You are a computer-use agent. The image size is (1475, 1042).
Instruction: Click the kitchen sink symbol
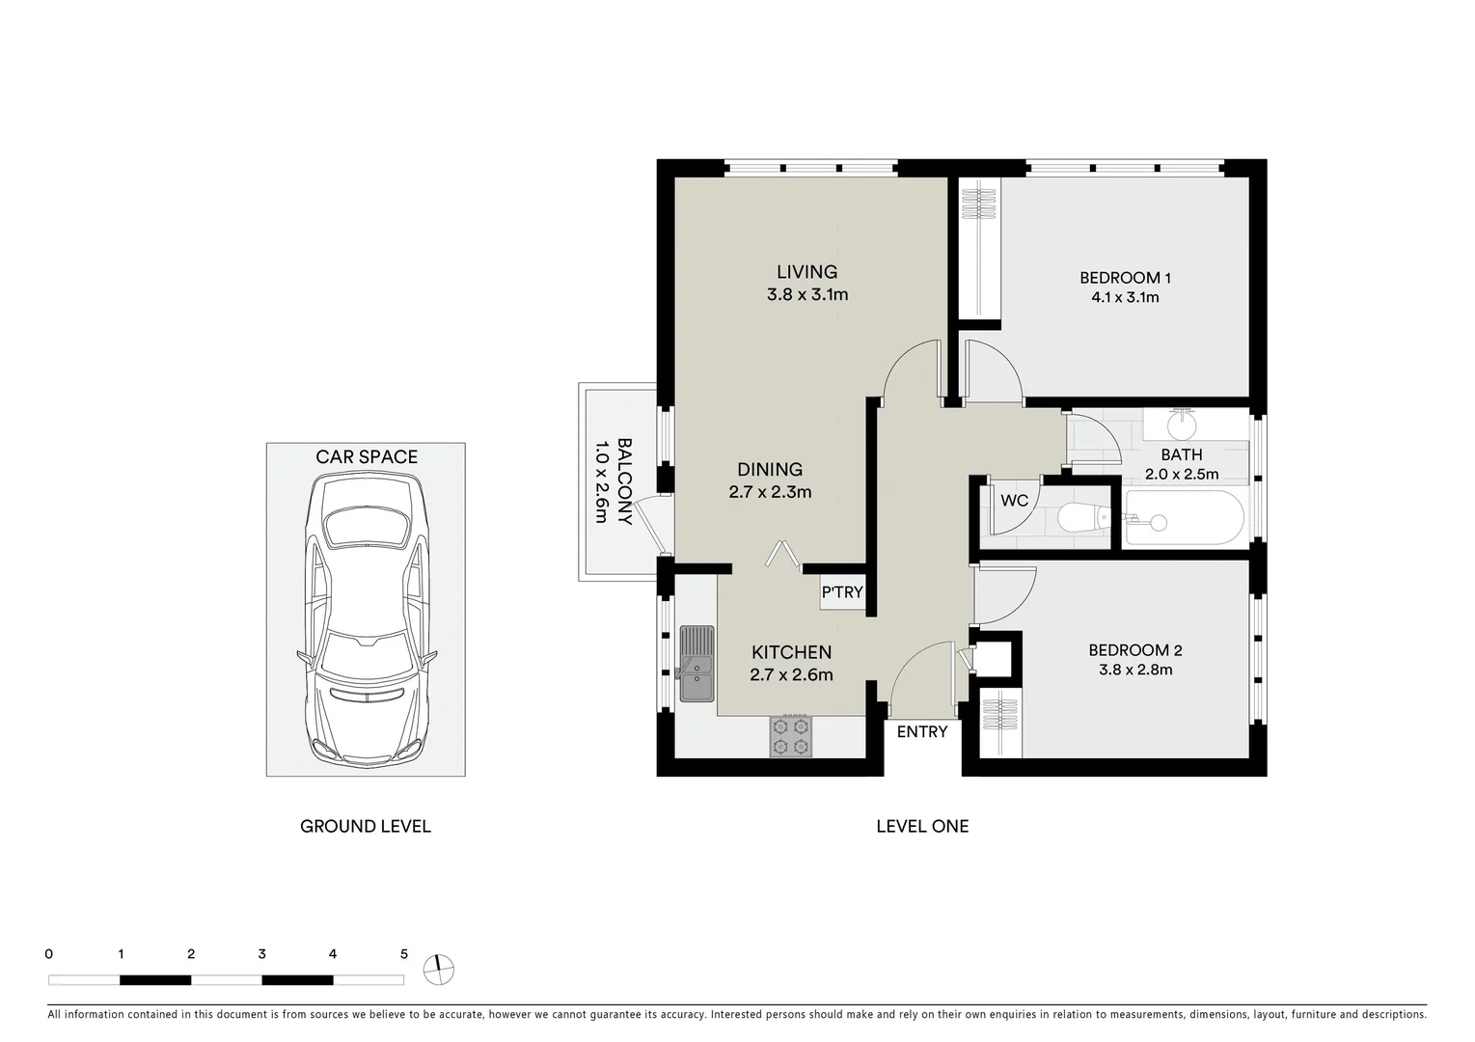click(x=697, y=664)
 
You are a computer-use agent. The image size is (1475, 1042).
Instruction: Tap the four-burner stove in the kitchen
click(x=790, y=736)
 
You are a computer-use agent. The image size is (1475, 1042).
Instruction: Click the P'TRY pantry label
click(x=841, y=592)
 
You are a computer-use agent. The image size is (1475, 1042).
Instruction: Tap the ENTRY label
click(x=921, y=732)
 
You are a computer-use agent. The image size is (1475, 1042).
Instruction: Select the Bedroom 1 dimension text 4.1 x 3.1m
click(x=1125, y=297)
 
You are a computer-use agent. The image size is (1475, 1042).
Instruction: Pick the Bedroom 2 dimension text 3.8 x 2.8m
click(x=1134, y=670)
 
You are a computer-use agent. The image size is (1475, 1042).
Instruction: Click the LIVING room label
click(x=806, y=272)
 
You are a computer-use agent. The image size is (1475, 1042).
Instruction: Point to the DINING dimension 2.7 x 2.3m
click(x=769, y=492)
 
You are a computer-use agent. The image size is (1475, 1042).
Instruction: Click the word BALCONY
click(x=623, y=480)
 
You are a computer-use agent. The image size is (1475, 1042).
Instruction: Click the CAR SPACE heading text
click(x=367, y=457)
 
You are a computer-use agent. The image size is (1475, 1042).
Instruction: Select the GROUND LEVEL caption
click(x=366, y=826)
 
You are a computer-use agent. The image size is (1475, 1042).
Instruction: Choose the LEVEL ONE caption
click(x=921, y=826)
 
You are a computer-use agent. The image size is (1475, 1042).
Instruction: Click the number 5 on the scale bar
click(x=403, y=954)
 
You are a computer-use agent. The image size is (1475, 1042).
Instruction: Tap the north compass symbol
click(x=438, y=970)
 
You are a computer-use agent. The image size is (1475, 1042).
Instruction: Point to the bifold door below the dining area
click(x=782, y=554)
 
